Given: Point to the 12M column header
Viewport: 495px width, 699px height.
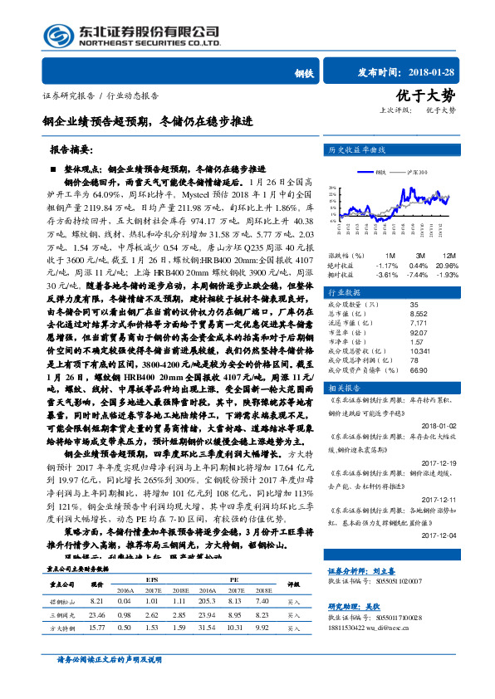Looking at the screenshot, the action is coord(449,254).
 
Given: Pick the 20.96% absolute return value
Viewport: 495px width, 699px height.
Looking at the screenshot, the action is coord(447,265).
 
